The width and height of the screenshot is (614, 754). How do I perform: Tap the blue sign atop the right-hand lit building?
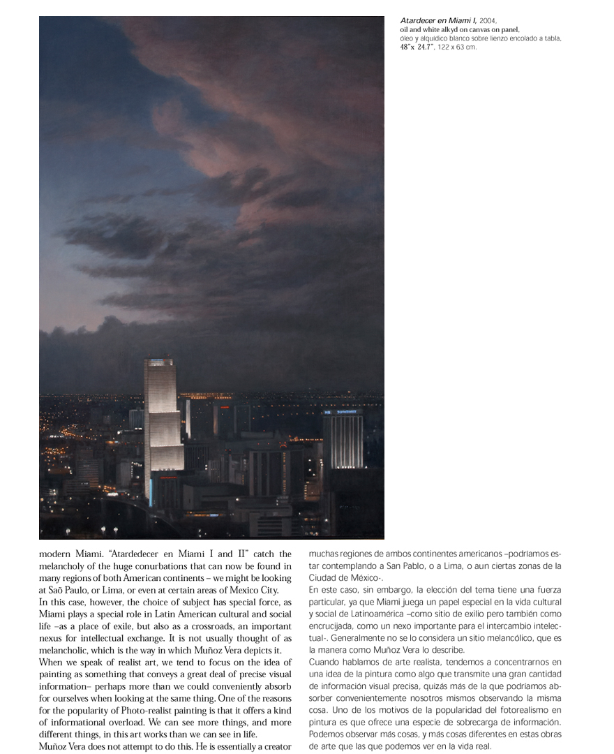(x=343, y=413)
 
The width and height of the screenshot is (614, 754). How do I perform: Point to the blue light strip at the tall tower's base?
(x=150, y=492)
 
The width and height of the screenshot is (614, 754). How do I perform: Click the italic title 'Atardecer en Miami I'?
(x=438, y=21)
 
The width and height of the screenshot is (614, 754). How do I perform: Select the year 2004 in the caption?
(x=488, y=21)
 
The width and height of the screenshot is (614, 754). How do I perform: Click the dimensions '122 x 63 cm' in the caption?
(x=457, y=47)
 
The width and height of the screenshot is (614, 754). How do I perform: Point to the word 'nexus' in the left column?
(x=52, y=638)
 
